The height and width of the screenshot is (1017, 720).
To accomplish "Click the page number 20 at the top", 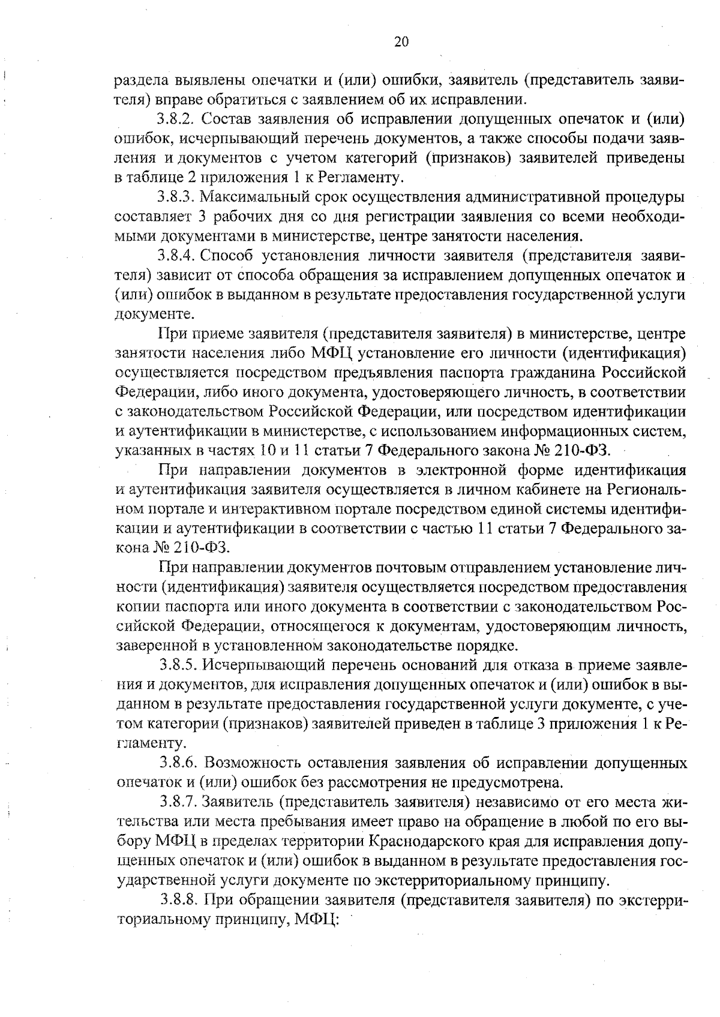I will point(401,41).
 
